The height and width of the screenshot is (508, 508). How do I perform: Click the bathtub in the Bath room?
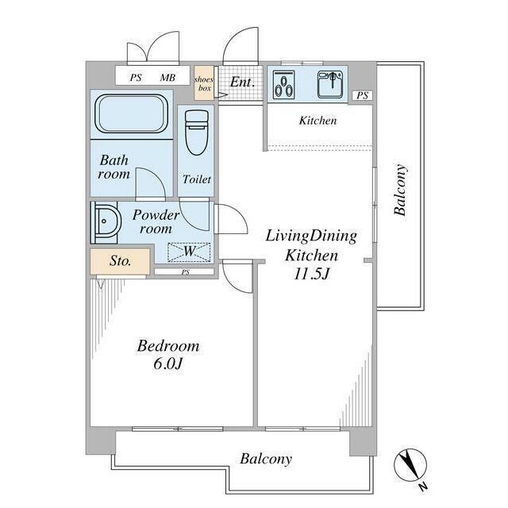click(131, 114)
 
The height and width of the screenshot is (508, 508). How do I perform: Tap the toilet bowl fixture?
click(196, 133)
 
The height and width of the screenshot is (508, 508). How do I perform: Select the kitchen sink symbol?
click(330, 84)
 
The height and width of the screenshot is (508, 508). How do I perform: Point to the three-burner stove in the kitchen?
click(284, 85)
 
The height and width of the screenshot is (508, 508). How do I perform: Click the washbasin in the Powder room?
click(106, 222)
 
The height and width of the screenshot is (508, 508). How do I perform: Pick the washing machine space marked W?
click(189, 252)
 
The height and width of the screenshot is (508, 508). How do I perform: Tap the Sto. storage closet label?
click(120, 260)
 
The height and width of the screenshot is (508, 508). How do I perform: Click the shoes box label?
click(204, 83)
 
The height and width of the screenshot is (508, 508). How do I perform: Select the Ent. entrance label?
click(242, 82)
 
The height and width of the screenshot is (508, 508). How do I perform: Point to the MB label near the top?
click(167, 78)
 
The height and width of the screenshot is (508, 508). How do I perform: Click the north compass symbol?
click(410, 466)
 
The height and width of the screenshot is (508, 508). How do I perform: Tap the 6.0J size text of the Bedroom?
click(168, 364)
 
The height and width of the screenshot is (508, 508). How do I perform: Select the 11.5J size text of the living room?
click(311, 274)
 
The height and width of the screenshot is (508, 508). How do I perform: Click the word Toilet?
click(196, 179)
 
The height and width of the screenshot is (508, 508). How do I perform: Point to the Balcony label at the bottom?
click(266, 459)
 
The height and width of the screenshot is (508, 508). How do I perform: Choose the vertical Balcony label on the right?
click(400, 190)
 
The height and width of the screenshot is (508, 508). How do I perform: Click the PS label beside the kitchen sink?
click(363, 95)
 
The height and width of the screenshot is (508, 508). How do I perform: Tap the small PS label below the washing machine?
click(185, 272)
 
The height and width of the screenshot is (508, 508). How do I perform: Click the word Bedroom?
click(168, 346)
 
